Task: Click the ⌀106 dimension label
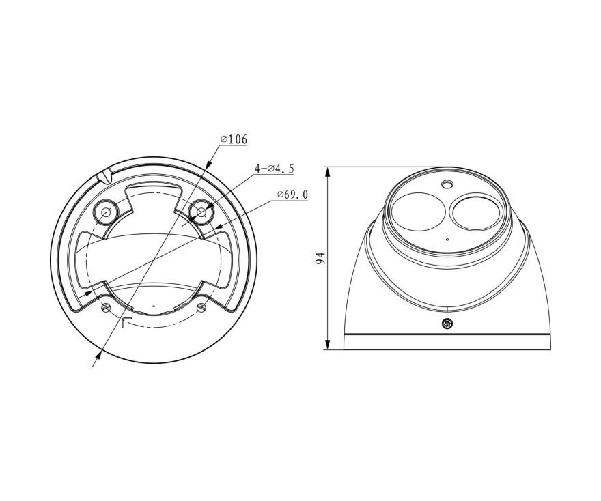click(x=234, y=139)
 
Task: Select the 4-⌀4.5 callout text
click(x=275, y=168)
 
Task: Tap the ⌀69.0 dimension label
click(x=293, y=195)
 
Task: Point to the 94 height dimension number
click(x=320, y=258)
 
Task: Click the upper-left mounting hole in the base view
click(x=106, y=211)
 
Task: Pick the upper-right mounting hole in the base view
click(x=201, y=211)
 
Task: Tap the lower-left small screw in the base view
click(x=106, y=306)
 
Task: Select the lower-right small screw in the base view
click(x=201, y=306)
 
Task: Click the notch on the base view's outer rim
click(x=104, y=176)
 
